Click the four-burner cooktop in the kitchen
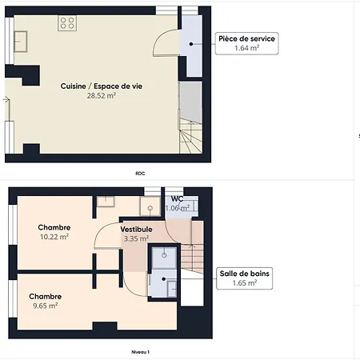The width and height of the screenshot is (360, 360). [x=67, y=23]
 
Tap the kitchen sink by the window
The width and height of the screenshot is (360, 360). [x=21, y=42]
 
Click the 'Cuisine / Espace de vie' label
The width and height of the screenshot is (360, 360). [x=102, y=86]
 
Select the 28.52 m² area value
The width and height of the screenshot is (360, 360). [x=102, y=95]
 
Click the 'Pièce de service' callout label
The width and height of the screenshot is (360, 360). [x=246, y=38]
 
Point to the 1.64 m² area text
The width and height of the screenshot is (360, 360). [x=246, y=48]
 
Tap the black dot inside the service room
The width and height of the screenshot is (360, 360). [x=191, y=44]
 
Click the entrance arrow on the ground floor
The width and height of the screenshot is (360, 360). [x=6, y=100]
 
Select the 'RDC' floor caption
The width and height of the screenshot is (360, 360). [x=140, y=174]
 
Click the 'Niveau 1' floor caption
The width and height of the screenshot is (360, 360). [x=140, y=352]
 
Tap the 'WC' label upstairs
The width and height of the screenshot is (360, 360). [x=177, y=198]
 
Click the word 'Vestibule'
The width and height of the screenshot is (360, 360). [x=136, y=230]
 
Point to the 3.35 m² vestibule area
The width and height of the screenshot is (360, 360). [x=136, y=238]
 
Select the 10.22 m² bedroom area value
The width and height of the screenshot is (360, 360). [x=54, y=237]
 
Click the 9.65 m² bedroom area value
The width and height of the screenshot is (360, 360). [x=46, y=306]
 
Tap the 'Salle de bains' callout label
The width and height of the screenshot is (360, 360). [x=244, y=274]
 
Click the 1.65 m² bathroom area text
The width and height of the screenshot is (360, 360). [x=245, y=283]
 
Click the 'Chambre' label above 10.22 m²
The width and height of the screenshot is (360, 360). [x=54, y=227]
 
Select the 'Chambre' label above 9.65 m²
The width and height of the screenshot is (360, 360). [x=46, y=297]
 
